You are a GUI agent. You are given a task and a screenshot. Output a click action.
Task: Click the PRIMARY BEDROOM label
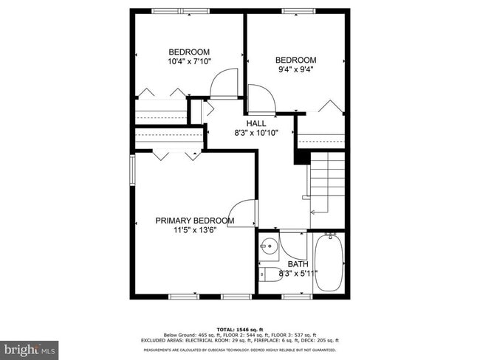(194, 221)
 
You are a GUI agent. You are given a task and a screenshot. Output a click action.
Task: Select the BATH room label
(298, 263)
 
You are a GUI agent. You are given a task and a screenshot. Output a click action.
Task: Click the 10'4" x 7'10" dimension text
(188, 61)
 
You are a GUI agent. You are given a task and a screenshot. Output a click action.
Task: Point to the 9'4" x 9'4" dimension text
(295, 71)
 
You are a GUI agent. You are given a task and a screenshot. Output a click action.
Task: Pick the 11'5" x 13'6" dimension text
(194, 230)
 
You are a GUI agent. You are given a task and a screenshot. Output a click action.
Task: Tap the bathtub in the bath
(329, 263)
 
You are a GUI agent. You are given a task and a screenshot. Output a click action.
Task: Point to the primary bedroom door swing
(246, 215)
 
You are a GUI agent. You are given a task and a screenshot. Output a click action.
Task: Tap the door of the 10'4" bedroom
(224, 83)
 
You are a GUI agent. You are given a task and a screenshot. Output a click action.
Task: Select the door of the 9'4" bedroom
(260, 99)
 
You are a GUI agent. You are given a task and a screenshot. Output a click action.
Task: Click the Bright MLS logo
(30, 347)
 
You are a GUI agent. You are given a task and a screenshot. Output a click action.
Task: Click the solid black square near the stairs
(301, 156)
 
